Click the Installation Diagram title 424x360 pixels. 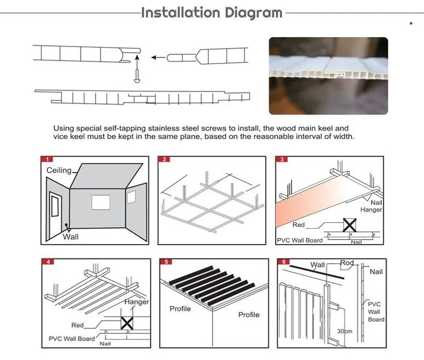tap(212, 13)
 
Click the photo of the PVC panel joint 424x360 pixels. tap(328, 76)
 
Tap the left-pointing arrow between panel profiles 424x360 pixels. tap(156, 56)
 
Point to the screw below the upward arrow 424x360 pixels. tap(136, 78)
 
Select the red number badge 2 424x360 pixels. tap(165, 159)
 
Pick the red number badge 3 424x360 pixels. tap(282, 159)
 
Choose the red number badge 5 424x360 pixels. tap(166, 262)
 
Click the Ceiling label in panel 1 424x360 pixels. tap(59, 170)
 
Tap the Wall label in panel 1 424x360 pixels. tap(70, 237)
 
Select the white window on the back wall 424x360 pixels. tap(100, 203)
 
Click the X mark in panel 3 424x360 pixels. tap(349, 225)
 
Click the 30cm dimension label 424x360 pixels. tap(344, 331)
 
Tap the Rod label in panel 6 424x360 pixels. tap(347, 263)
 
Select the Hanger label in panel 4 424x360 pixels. tap(136, 302)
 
